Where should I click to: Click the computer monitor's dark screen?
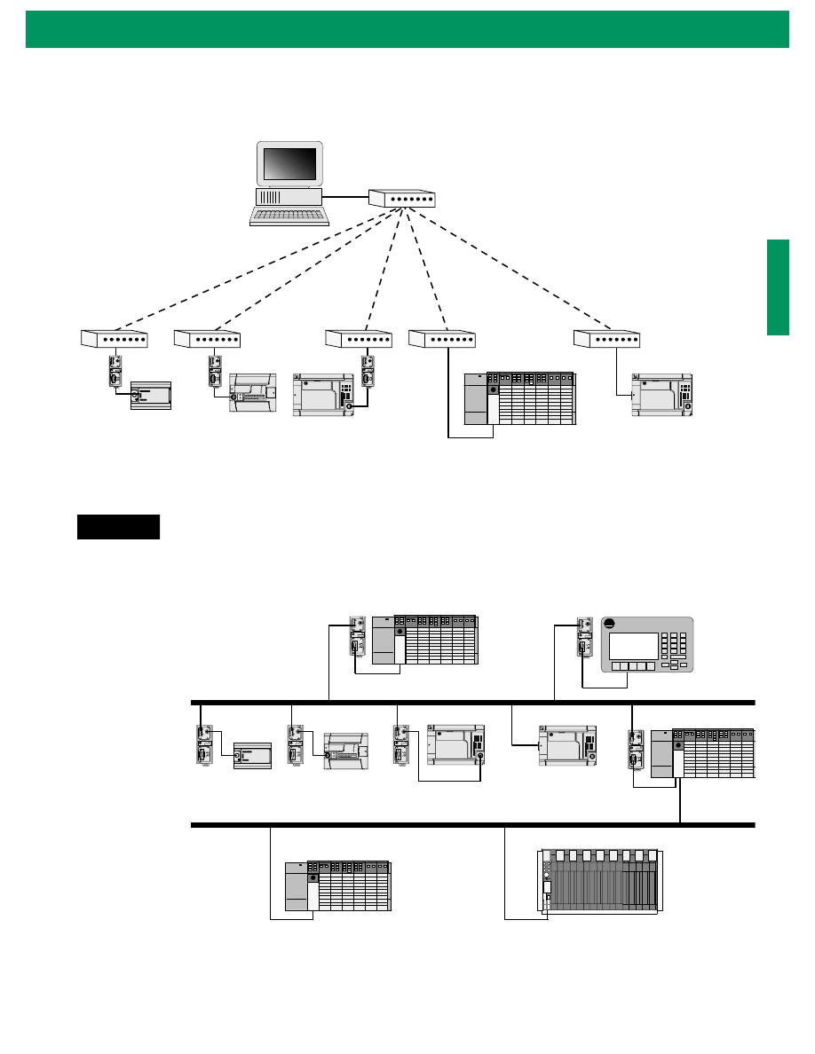click(289, 164)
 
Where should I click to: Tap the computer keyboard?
click(289, 216)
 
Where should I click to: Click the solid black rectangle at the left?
click(118, 526)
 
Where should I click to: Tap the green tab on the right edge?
click(778, 287)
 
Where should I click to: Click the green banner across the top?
click(407, 28)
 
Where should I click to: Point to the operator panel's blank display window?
click(634, 645)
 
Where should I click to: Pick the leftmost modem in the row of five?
click(115, 338)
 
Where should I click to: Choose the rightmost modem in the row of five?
click(607, 338)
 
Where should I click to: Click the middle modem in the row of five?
click(359, 338)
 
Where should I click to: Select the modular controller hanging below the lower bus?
click(338, 886)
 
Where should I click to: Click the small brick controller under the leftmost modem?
click(149, 394)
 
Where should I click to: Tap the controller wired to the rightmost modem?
click(661, 394)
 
